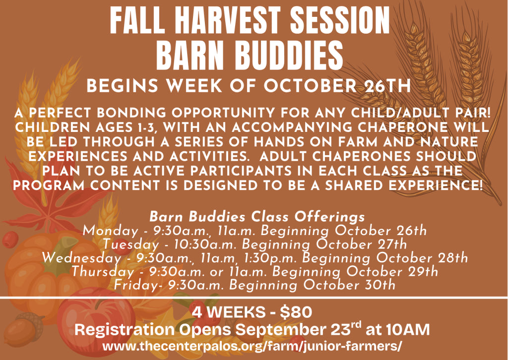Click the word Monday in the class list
111,231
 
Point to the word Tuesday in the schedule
131,244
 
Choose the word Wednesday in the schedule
82,258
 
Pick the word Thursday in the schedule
103,272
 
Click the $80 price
296,312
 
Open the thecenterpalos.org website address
253,346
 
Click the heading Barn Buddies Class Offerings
257,217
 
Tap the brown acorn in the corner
23,329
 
